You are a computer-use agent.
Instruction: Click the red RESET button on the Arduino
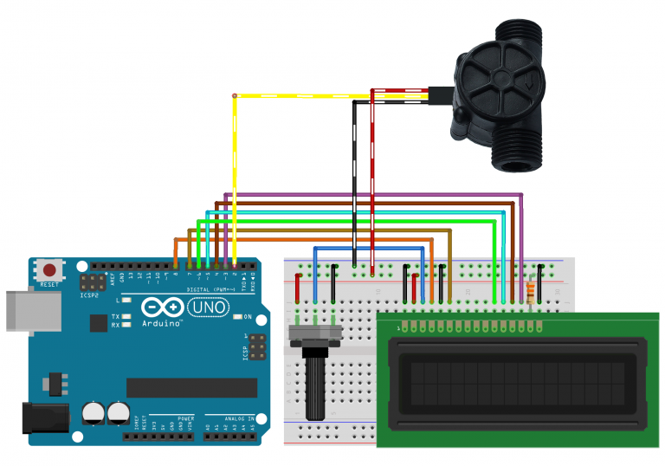point(49,271)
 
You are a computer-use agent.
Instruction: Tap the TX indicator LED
point(126,317)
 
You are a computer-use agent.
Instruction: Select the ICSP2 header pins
point(88,283)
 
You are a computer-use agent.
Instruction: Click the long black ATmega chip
point(191,387)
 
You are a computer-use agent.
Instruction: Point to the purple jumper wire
point(372,195)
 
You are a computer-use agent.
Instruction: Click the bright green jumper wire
point(346,222)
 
